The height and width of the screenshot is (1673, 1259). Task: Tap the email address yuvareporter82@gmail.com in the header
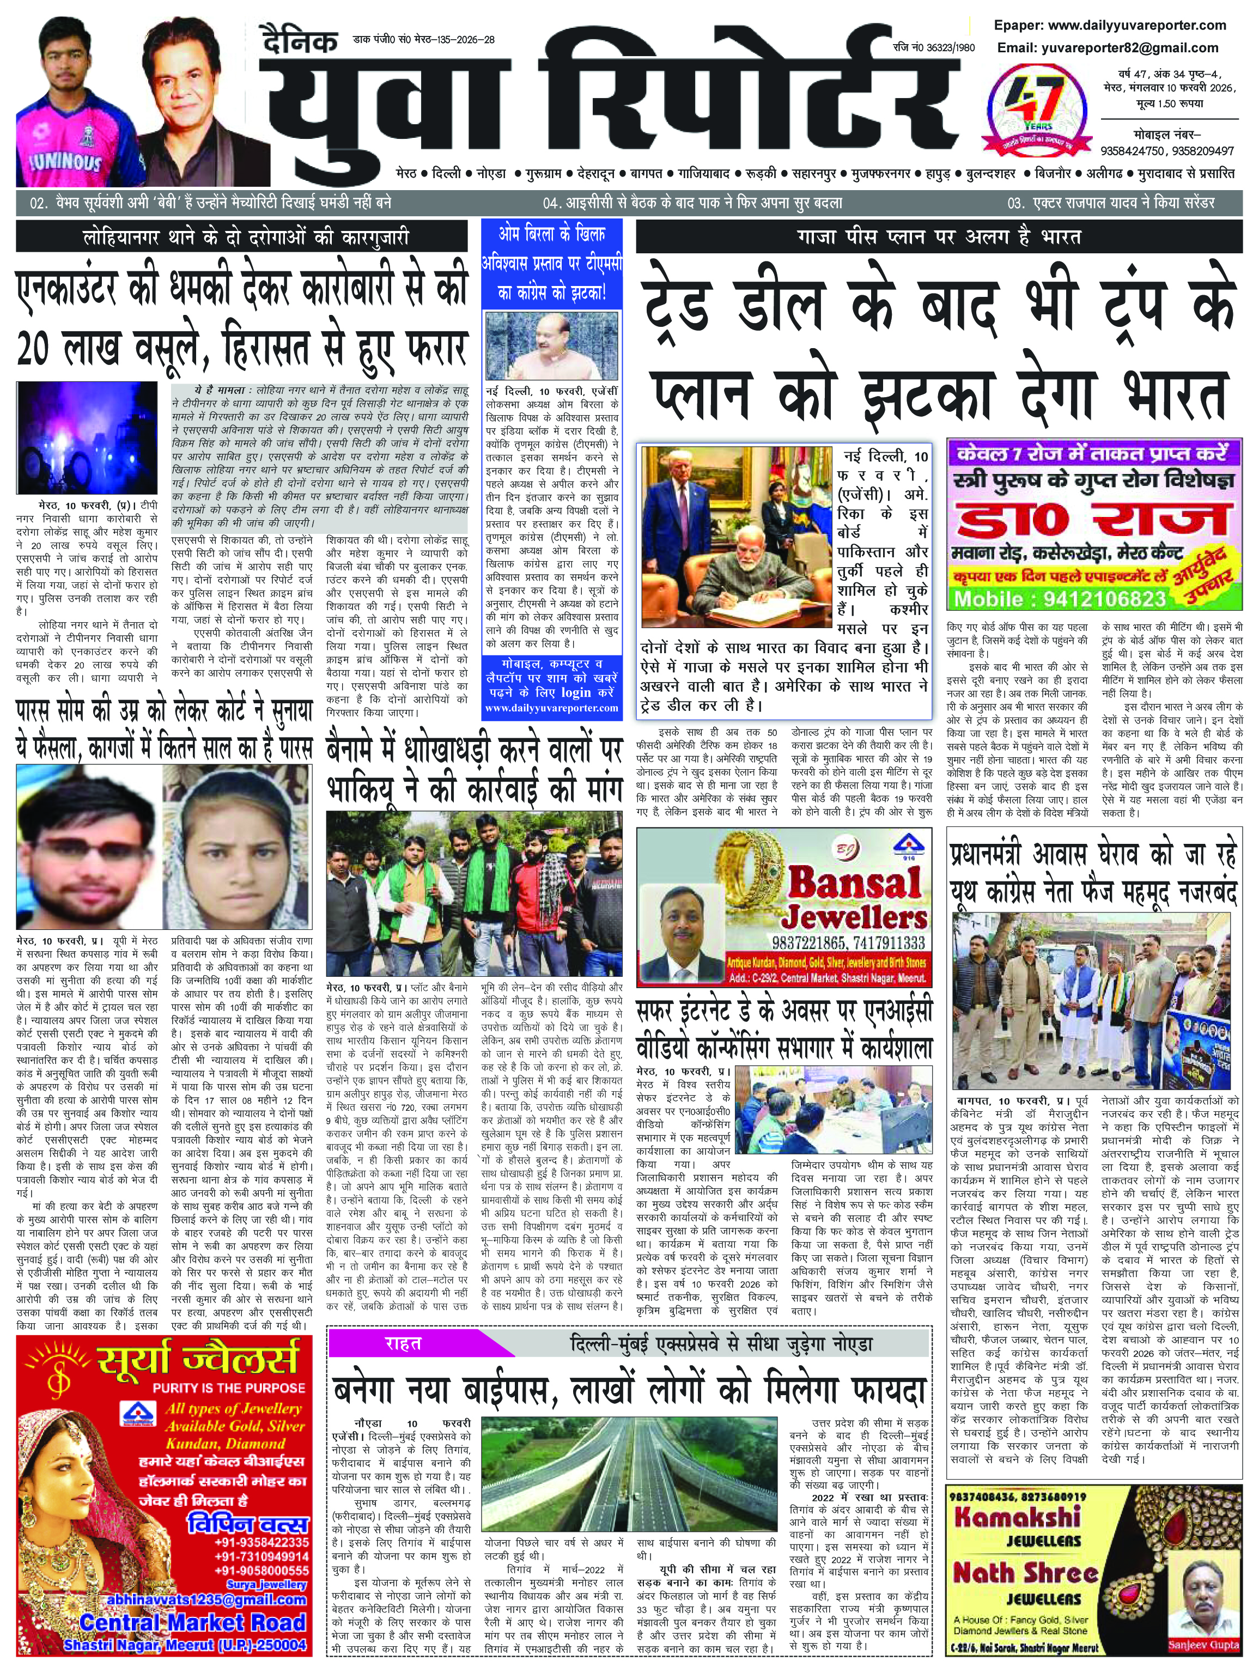(x=1107, y=47)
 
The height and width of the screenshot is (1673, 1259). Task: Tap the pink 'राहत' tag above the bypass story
(x=403, y=1343)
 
